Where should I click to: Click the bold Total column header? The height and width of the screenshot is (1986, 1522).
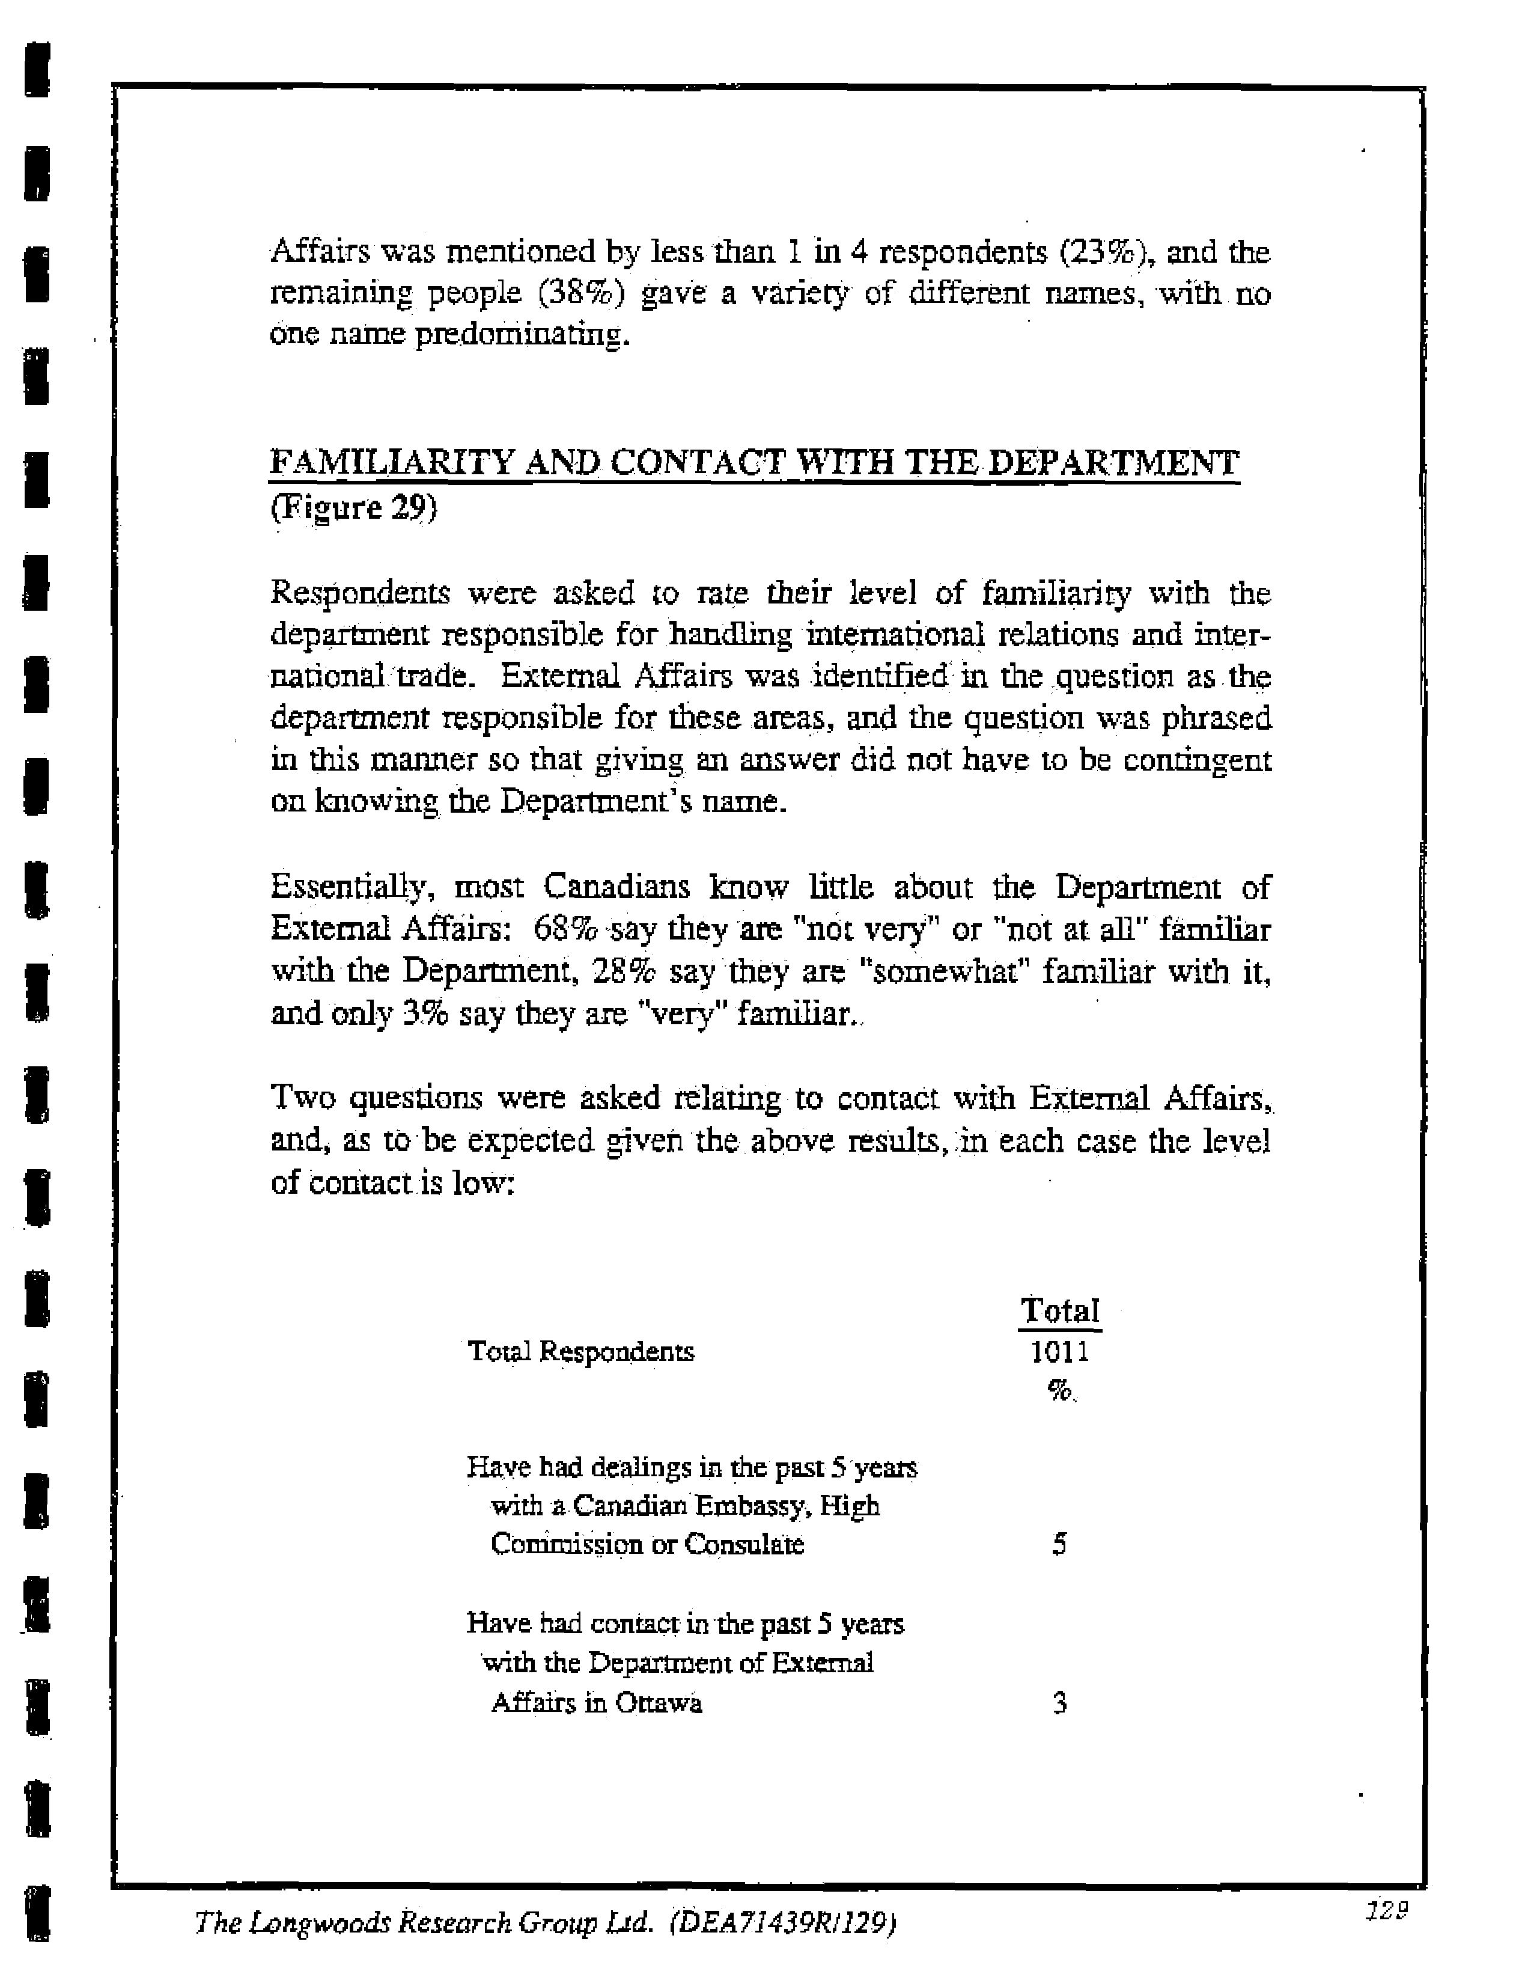[x=1059, y=1310]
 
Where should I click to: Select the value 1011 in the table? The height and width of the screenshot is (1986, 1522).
[x=1059, y=1352]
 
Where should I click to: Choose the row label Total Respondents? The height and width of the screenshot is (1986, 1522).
[x=580, y=1352]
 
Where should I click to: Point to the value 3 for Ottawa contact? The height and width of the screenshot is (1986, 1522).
[x=1059, y=1703]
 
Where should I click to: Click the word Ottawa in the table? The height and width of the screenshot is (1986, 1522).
[x=659, y=1703]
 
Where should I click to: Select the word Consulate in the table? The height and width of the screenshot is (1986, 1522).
[x=744, y=1544]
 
